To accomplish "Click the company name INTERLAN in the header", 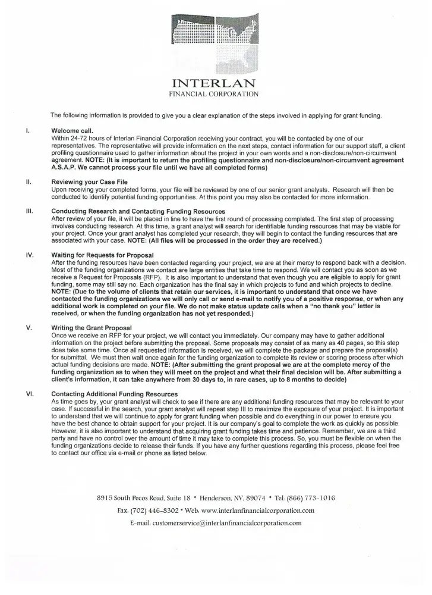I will (x=214, y=83).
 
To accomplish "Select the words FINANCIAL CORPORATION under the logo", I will (x=214, y=94).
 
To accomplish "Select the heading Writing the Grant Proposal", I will (x=92, y=327).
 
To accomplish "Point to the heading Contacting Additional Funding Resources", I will (x=114, y=394).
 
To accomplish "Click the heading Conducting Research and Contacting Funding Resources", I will (x=138, y=211).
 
